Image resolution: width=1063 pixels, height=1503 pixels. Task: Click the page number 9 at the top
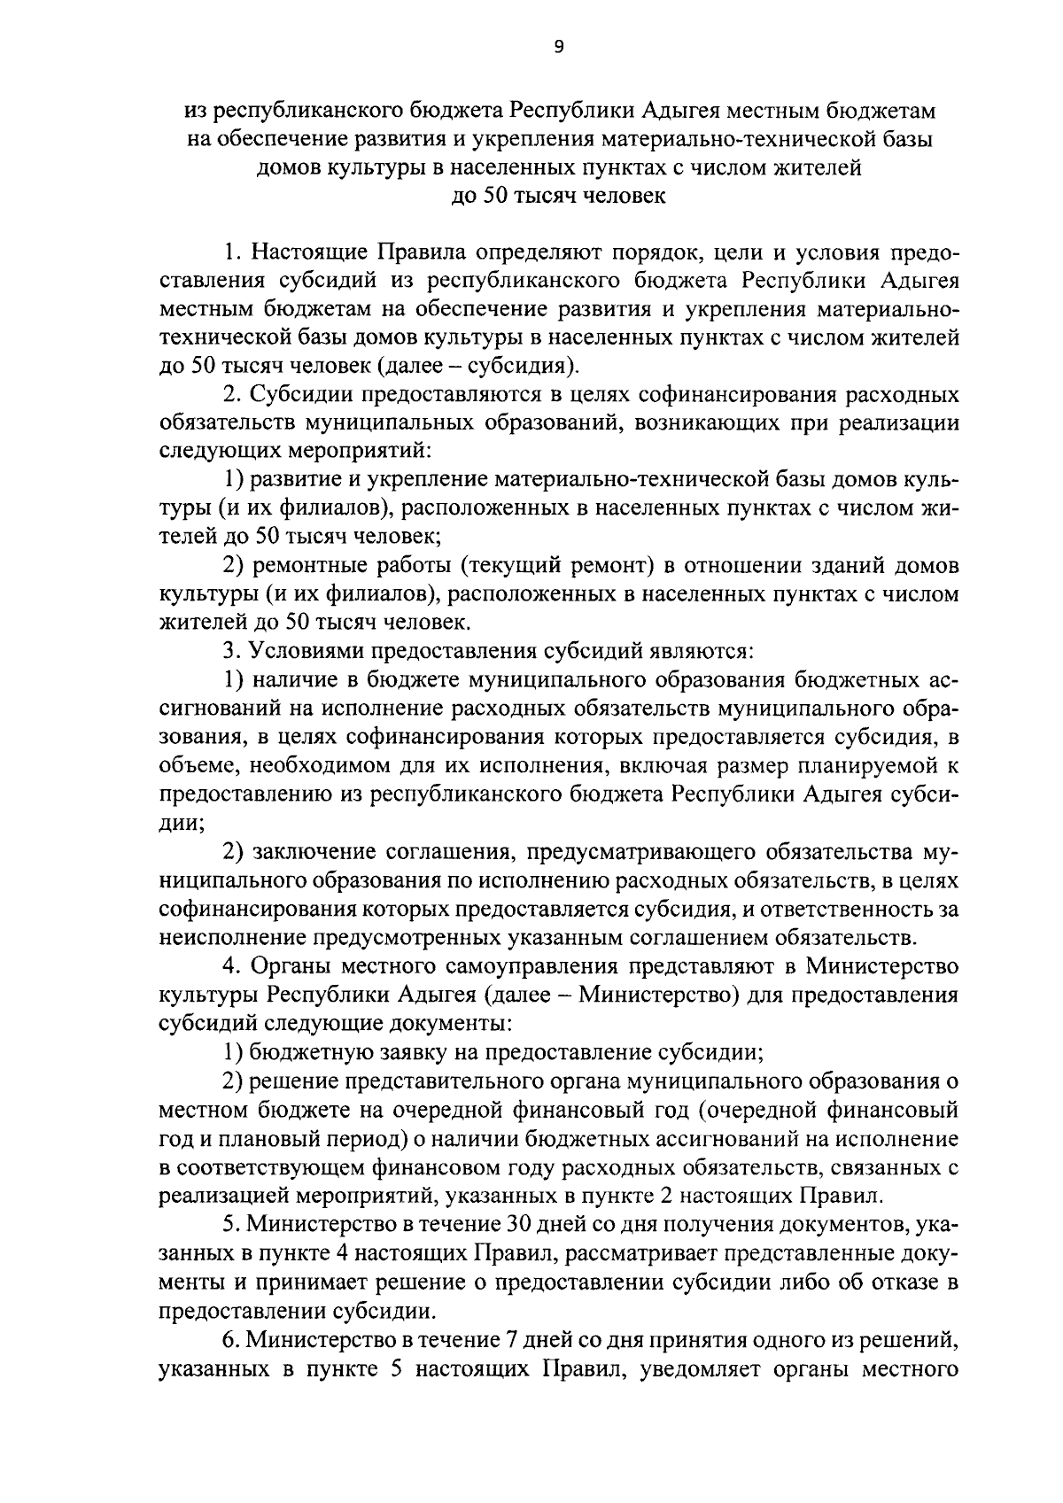556,49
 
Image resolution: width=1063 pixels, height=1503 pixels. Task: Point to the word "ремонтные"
302,565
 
